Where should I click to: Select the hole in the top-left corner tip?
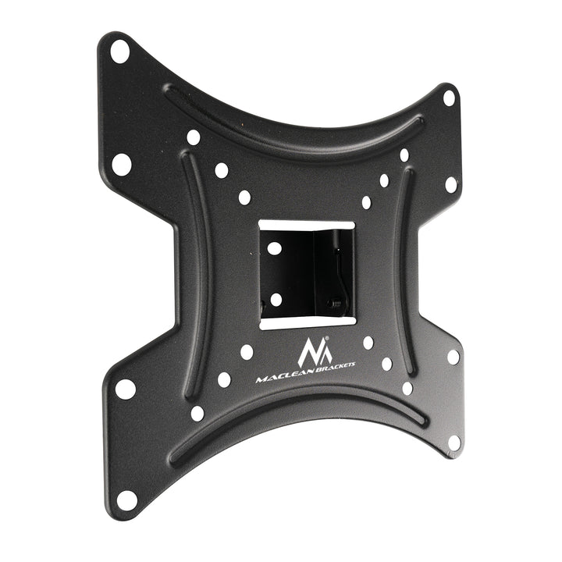click(x=119, y=52)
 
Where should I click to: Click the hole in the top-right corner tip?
click(x=449, y=98)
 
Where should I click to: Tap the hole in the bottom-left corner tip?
click(x=126, y=500)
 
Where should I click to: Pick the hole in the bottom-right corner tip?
click(x=454, y=442)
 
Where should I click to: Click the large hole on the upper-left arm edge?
click(x=122, y=164)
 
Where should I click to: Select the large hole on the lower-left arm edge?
click(x=126, y=388)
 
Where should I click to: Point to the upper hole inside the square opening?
click(x=275, y=247)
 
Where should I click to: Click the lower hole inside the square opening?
click(x=276, y=299)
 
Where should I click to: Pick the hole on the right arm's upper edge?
click(x=450, y=185)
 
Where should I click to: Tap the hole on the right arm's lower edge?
click(x=453, y=357)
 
